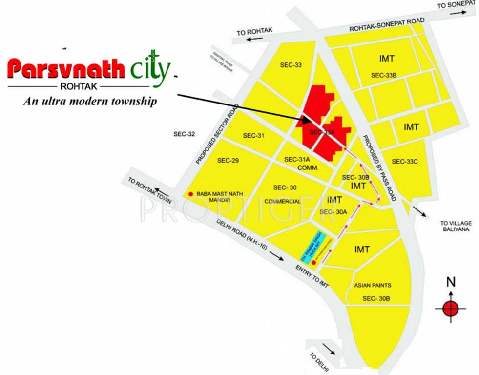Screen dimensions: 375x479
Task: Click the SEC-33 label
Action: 291,64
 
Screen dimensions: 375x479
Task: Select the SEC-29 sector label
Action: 228,160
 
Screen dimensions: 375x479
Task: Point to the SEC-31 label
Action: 253,135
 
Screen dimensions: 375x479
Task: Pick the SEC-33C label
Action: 405,161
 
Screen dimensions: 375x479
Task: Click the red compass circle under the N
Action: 450,309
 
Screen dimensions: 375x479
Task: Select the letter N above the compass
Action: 451,282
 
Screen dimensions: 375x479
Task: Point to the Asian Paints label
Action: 373,285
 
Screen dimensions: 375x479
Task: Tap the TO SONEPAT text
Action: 456,5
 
